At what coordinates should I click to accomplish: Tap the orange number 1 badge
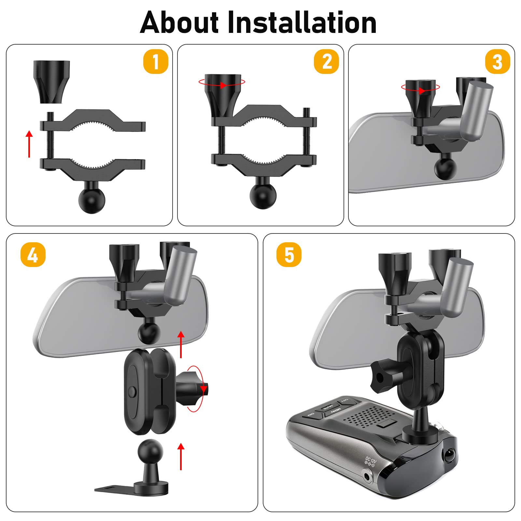coord(156,62)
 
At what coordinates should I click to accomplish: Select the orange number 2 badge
coord(327,62)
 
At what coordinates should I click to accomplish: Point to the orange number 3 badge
coord(497,62)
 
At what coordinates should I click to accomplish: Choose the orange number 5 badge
coord(289,255)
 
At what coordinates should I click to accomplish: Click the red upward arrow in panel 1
coord(29,144)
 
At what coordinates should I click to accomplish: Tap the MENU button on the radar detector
coord(335,409)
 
